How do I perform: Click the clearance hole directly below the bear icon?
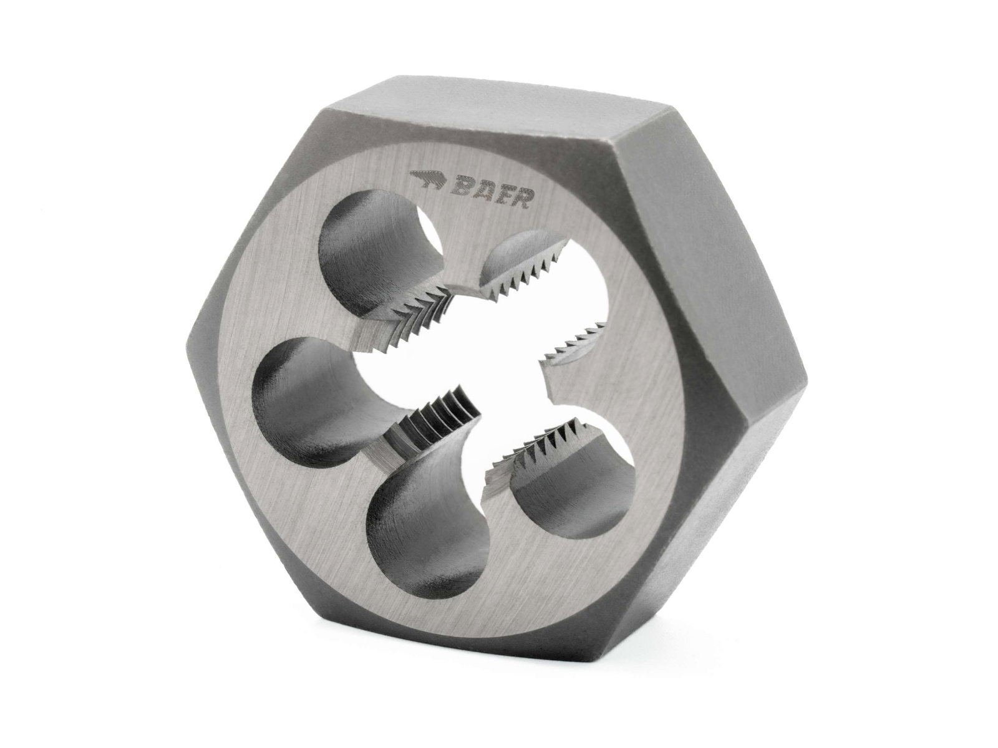coord(374,262)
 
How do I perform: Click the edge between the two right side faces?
coord(805,374)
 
